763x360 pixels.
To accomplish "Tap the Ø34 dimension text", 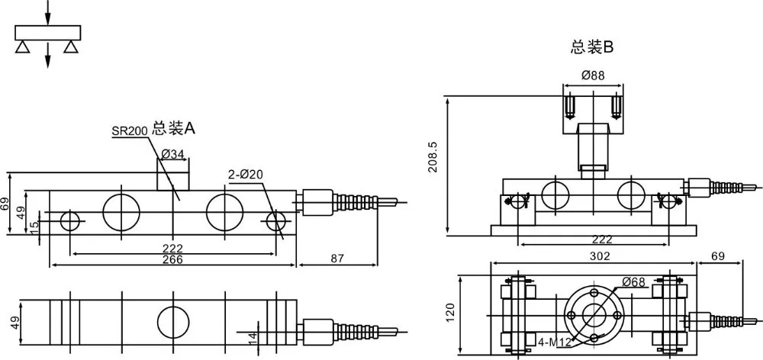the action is [172, 154].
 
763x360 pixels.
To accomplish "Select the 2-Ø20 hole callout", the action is [246, 175].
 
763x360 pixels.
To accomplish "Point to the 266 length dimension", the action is [172, 260].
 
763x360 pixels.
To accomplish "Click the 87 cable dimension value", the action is [337, 259].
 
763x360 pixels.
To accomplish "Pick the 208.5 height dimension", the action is [433, 157].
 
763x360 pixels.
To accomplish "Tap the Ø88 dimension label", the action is [593, 76].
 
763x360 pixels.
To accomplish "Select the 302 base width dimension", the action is [600, 256].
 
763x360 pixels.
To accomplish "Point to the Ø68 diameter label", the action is [634, 281].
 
